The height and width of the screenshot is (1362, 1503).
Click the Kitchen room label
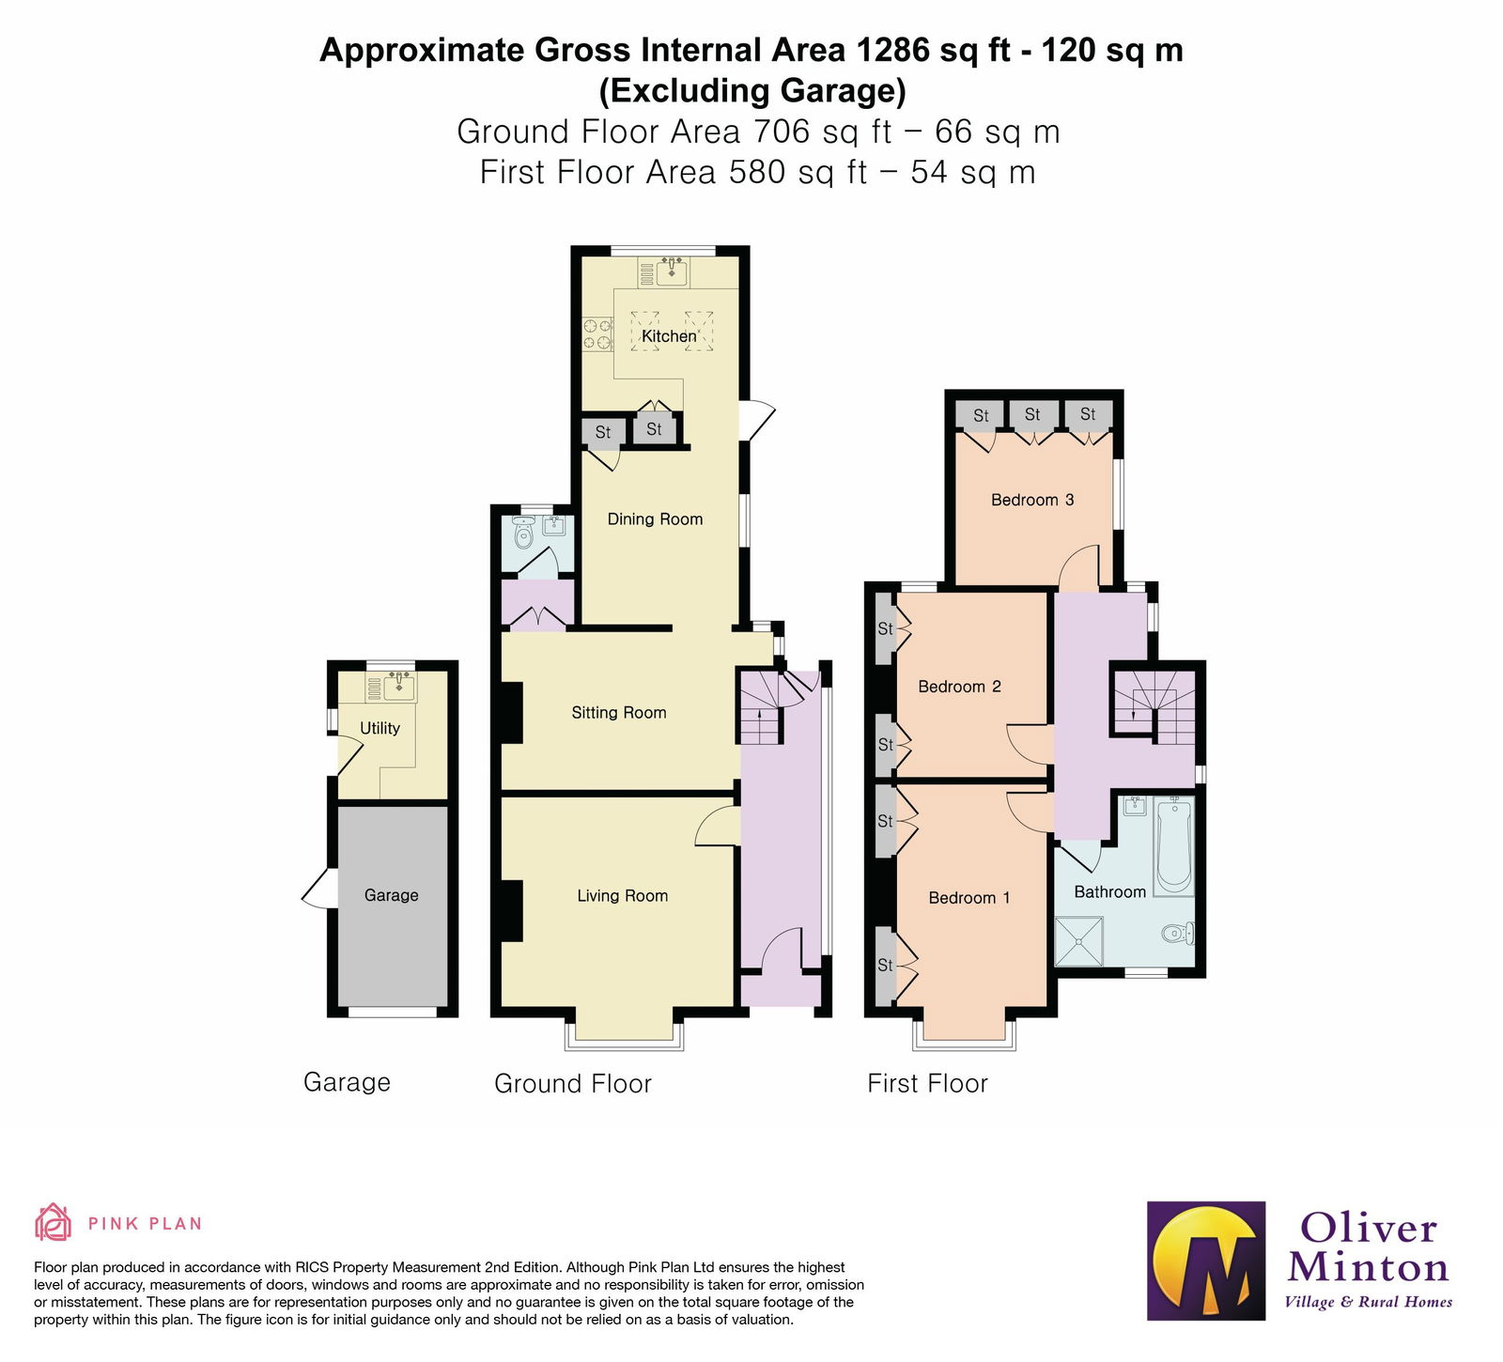(669, 336)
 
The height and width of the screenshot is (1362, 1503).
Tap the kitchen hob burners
(597, 335)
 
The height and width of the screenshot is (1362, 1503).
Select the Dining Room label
(655, 519)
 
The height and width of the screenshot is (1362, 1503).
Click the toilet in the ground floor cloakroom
(523, 535)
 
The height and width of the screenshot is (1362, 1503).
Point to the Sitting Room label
(619, 713)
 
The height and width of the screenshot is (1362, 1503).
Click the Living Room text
(622, 896)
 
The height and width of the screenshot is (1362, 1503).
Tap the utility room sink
(399, 687)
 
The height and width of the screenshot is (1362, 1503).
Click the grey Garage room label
(391, 895)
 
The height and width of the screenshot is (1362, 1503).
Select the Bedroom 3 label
(1032, 500)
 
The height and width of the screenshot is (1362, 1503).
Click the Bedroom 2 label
(959, 687)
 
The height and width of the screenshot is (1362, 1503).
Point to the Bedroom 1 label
(968, 898)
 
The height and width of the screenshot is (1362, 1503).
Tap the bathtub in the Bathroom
(1173, 845)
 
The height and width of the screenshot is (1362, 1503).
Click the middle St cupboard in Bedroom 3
(1032, 414)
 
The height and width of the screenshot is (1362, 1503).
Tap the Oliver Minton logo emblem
(1206, 1261)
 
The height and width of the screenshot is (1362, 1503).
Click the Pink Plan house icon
(53, 1223)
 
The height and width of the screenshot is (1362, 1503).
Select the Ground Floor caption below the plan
(572, 1084)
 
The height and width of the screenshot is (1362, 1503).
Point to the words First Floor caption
(927, 1084)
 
